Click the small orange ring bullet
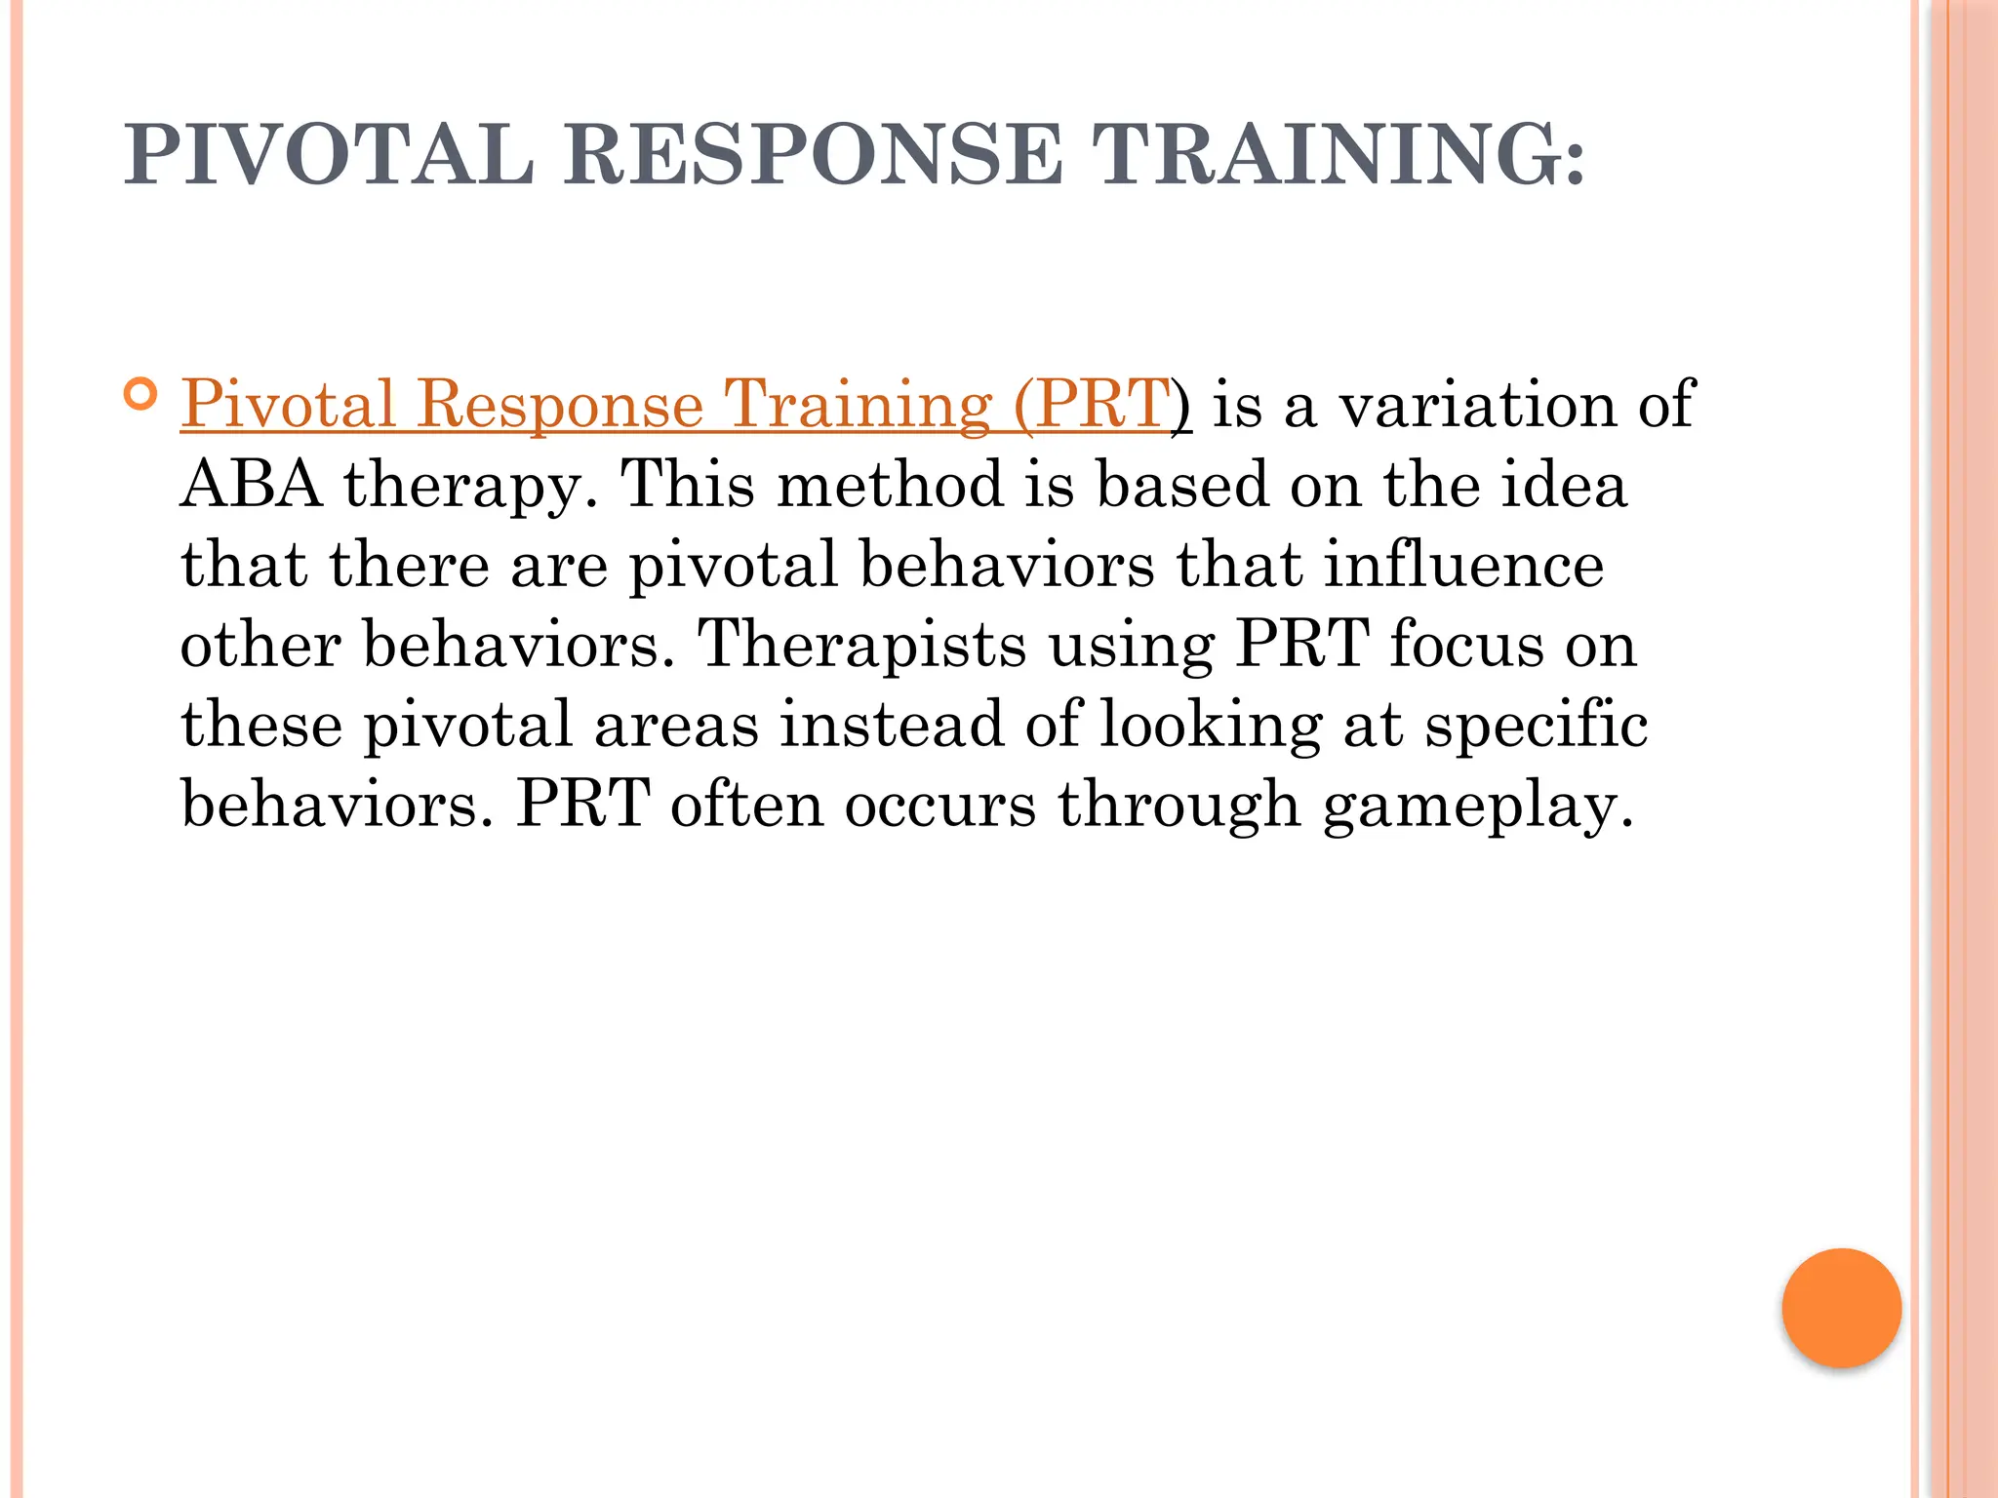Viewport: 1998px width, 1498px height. pos(141,395)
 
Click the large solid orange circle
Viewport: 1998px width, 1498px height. pos(1841,1308)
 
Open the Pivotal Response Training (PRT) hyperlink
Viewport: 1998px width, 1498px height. pos(676,404)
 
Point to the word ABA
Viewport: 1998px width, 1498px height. pos(251,484)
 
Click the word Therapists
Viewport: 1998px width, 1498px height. pos(862,645)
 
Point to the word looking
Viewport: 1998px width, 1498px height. pos(1211,727)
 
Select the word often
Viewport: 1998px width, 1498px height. pos(746,805)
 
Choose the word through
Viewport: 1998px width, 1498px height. pos(1179,806)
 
